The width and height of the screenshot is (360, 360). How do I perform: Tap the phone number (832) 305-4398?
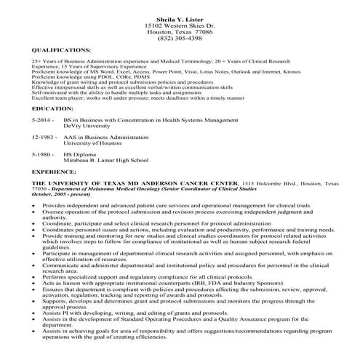(x=180, y=39)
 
